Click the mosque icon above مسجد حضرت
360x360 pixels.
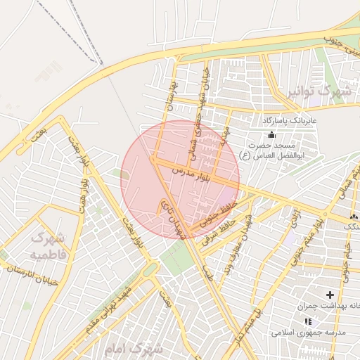(271, 134)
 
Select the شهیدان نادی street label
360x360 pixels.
(172, 219)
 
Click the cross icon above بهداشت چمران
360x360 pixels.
(330, 295)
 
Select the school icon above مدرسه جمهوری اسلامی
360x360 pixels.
(307, 321)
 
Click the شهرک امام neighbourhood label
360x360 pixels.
(133, 349)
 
